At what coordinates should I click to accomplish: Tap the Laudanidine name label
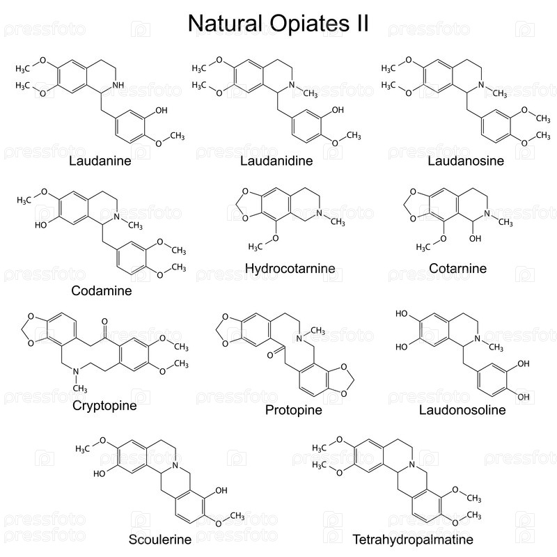276,162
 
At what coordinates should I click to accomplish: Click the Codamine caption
102,290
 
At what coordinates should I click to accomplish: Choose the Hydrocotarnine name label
290,268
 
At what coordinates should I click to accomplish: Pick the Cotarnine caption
457,268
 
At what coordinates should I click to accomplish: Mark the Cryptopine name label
104,405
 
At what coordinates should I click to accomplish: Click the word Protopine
293,409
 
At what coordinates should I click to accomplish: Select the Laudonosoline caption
462,409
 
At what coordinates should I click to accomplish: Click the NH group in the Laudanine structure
118,86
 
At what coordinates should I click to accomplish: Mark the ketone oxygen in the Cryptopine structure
104,323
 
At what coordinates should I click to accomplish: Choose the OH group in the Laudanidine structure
338,110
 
